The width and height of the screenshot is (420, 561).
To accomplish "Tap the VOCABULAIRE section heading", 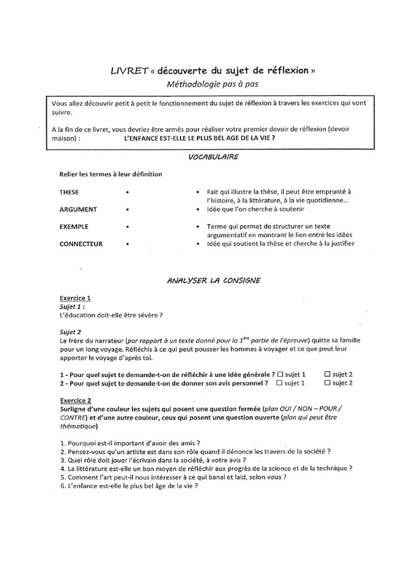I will coord(209,157).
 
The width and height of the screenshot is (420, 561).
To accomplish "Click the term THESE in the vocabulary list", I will coord(69,192).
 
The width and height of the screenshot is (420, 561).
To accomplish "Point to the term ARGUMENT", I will coord(78,209).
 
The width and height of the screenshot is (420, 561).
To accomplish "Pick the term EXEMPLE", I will coord(74,226).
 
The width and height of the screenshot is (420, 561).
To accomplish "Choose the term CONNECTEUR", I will coord(81,244).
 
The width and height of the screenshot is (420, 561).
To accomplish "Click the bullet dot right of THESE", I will coord(127,193).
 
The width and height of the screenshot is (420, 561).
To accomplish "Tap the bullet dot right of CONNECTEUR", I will coord(127,244).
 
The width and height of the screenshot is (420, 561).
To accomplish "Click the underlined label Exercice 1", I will coord(75,298).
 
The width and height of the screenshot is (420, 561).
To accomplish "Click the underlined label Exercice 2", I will coord(75,400).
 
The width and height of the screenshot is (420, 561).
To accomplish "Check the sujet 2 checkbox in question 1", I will coord(328,374).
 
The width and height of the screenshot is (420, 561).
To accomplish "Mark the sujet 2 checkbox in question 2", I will coord(328,383).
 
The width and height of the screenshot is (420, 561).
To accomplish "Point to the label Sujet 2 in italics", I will coord(71,332).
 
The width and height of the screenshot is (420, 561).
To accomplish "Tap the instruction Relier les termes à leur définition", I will coord(110,174).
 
